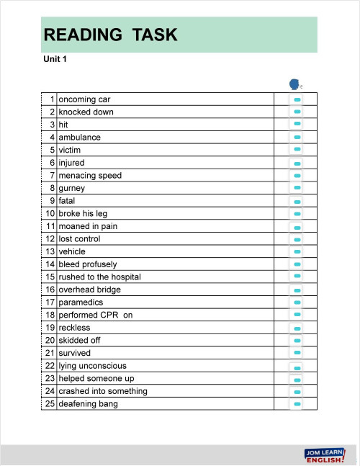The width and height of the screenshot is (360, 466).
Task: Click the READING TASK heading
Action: pyautogui.click(x=110, y=35)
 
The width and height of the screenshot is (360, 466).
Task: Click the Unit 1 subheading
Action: pyautogui.click(x=55, y=60)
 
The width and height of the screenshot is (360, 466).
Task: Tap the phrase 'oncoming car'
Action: pyautogui.click(x=84, y=99)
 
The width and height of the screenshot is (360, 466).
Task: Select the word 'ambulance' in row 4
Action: pyautogui.click(x=79, y=137)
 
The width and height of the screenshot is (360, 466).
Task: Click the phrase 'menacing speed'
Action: pyautogui.click(x=90, y=175)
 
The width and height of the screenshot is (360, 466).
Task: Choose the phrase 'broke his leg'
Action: pyautogui.click(x=83, y=213)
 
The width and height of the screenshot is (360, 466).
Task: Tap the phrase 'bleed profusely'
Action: pyautogui.click(x=87, y=264)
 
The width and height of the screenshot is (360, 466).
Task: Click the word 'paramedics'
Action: pyautogui.click(x=81, y=302)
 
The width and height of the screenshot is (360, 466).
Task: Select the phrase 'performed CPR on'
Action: pyautogui.click(x=95, y=315)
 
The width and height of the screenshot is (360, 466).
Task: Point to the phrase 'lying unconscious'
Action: pyautogui.click(x=92, y=366)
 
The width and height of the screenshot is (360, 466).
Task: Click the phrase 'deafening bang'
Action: pyautogui.click(x=88, y=403)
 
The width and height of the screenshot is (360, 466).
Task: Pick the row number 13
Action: pyautogui.click(x=50, y=251)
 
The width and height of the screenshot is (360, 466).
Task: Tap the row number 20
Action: pyautogui.click(x=50, y=340)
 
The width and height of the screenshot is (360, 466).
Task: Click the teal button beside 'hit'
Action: pyautogui.click(x=297, y=125)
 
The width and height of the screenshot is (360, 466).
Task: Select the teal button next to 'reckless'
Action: pyautogui.click(x=297, y=328)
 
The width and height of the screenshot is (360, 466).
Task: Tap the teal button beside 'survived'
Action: pyautogui.click(x=297, y=353)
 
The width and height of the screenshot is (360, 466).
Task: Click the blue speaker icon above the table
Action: pyautogui.click(x=294, y=84)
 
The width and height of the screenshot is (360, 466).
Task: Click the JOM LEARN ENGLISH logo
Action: pyautogui.click(x=325, y=454)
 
